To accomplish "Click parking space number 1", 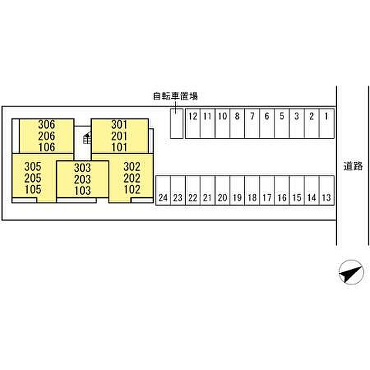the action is tap(327, 123).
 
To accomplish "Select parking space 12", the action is tap(193, 123).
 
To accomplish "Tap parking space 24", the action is tap(163, 190).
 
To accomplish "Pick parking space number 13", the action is tap(327, 190).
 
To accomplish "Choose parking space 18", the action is tap(252, 190).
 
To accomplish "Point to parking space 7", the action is tap(252, 123).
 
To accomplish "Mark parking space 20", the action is tap(223, 190).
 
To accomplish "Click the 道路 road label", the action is tap(353, 166).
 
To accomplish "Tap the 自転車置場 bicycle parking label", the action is tap(175, 96).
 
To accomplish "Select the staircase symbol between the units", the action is tap(87, 138).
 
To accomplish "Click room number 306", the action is tap(47, 124).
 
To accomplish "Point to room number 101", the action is tap(119, 147).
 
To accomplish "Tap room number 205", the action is tap(33, 178).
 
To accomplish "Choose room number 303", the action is tap(82, 168).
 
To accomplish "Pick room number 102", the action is tap(132, 189).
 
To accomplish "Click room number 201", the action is tap(119, 136).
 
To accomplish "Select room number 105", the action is tap(33, 189).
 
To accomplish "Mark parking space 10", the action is tap(223, 123).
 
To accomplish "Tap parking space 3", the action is tap(297, 123).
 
